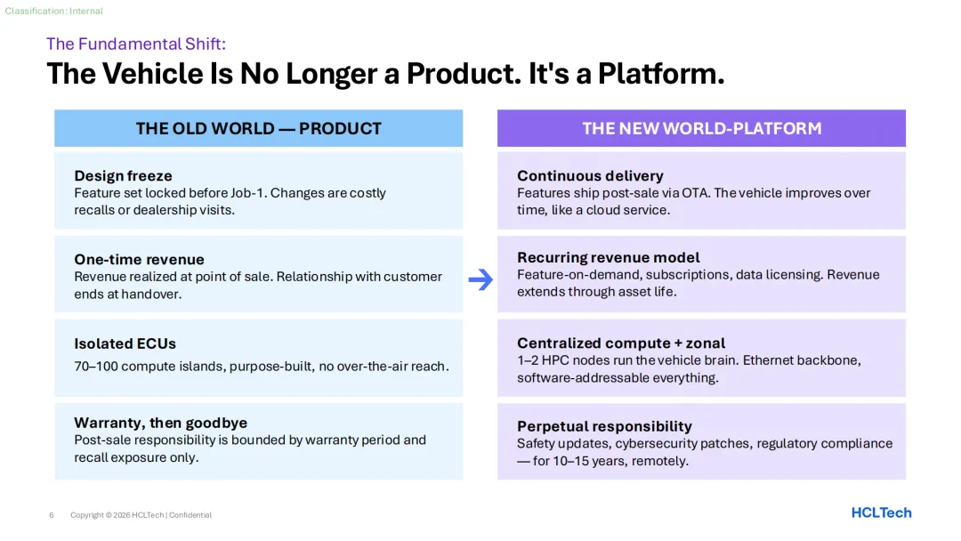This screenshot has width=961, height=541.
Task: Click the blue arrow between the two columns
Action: point(480,279)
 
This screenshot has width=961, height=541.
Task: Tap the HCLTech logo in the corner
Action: point(881,513)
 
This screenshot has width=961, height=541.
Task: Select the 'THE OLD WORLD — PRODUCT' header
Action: point(259,128)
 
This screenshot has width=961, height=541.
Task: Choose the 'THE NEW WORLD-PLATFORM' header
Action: point(701,128)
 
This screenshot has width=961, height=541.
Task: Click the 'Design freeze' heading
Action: point(123,176)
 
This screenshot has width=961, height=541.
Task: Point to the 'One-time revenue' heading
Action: point(139,259)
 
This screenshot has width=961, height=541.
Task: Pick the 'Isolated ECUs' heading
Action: point(125,343)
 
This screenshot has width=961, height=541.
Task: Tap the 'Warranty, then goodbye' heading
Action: point(160,423)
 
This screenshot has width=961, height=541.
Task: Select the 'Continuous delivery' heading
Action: point(590,176)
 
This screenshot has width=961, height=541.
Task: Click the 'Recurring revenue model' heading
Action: point(609,257)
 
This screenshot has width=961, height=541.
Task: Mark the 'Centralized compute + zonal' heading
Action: point(621,343)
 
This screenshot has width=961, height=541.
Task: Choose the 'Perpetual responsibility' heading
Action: point(604,426)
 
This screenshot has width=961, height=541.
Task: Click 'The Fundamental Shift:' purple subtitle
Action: point(136,44)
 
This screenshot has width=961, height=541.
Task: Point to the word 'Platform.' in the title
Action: point(661,74)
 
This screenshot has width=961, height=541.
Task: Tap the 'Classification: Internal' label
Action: point(54,11)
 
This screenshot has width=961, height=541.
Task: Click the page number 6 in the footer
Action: point(52,515)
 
